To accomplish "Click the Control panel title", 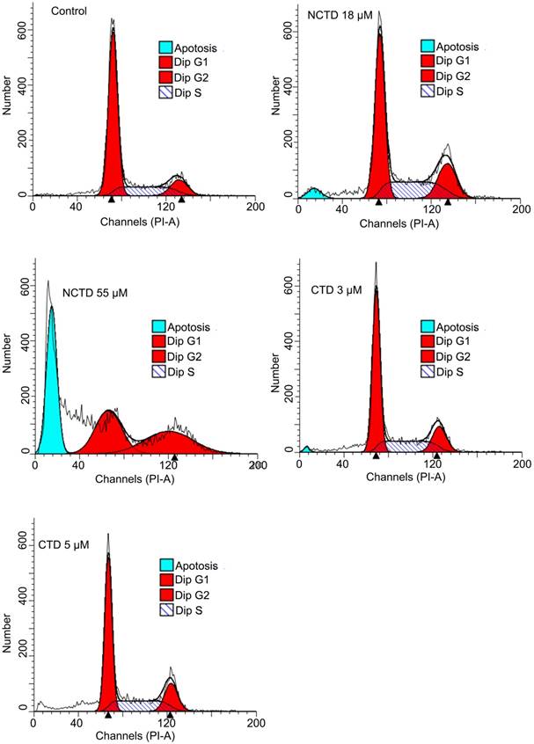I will (x=69, y=11).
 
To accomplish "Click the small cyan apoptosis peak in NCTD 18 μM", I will (x=313, y=193).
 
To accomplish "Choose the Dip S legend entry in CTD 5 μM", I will (x=184, y=609).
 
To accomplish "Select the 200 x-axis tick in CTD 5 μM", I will (x=255, y=722).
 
